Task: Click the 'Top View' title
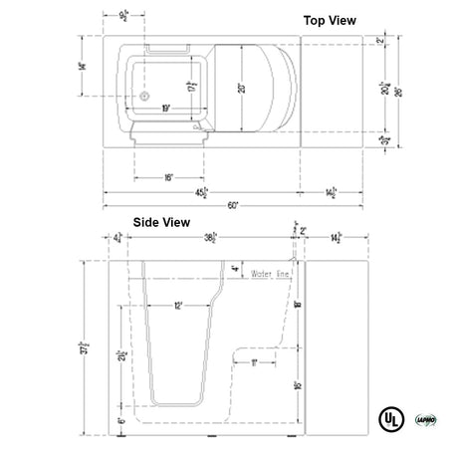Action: [329, 20]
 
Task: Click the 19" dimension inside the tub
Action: [164, 106]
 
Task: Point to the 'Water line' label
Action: [271, 272]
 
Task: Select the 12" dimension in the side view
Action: [177, 306]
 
